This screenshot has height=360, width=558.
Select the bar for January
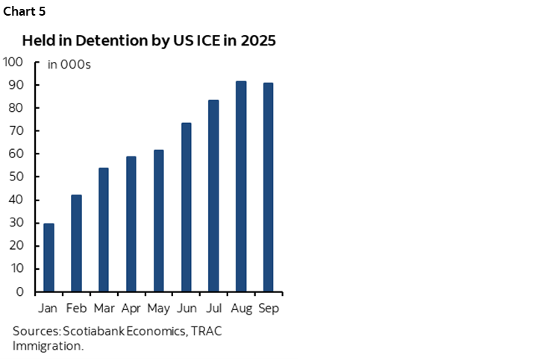coord(48,257)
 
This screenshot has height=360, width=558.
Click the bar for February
coord(76,243)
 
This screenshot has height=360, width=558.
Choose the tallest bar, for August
coord(241,186)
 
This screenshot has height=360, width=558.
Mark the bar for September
coord(268,187)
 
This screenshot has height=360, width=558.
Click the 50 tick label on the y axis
coord(16,177)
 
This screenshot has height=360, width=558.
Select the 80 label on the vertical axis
coord(16,108)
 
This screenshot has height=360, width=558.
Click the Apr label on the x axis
coord(131,308)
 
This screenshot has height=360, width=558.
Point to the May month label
coord(158,308)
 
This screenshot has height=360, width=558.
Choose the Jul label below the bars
coord(213,308)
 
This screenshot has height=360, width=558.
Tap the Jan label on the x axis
coord(48,308)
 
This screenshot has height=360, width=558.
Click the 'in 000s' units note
coord(69,65)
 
